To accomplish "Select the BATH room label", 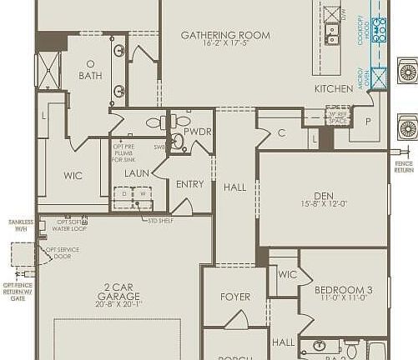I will click(90, 75).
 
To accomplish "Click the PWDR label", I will click(198, 132).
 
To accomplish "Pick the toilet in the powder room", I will click(178, 140).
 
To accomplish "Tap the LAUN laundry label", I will click(137, 173).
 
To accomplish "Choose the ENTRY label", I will click(189, 184).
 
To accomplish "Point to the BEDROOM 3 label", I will click(343, 290).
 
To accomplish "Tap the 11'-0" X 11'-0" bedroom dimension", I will click(343, 299).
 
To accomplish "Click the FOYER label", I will click(235, 297).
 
